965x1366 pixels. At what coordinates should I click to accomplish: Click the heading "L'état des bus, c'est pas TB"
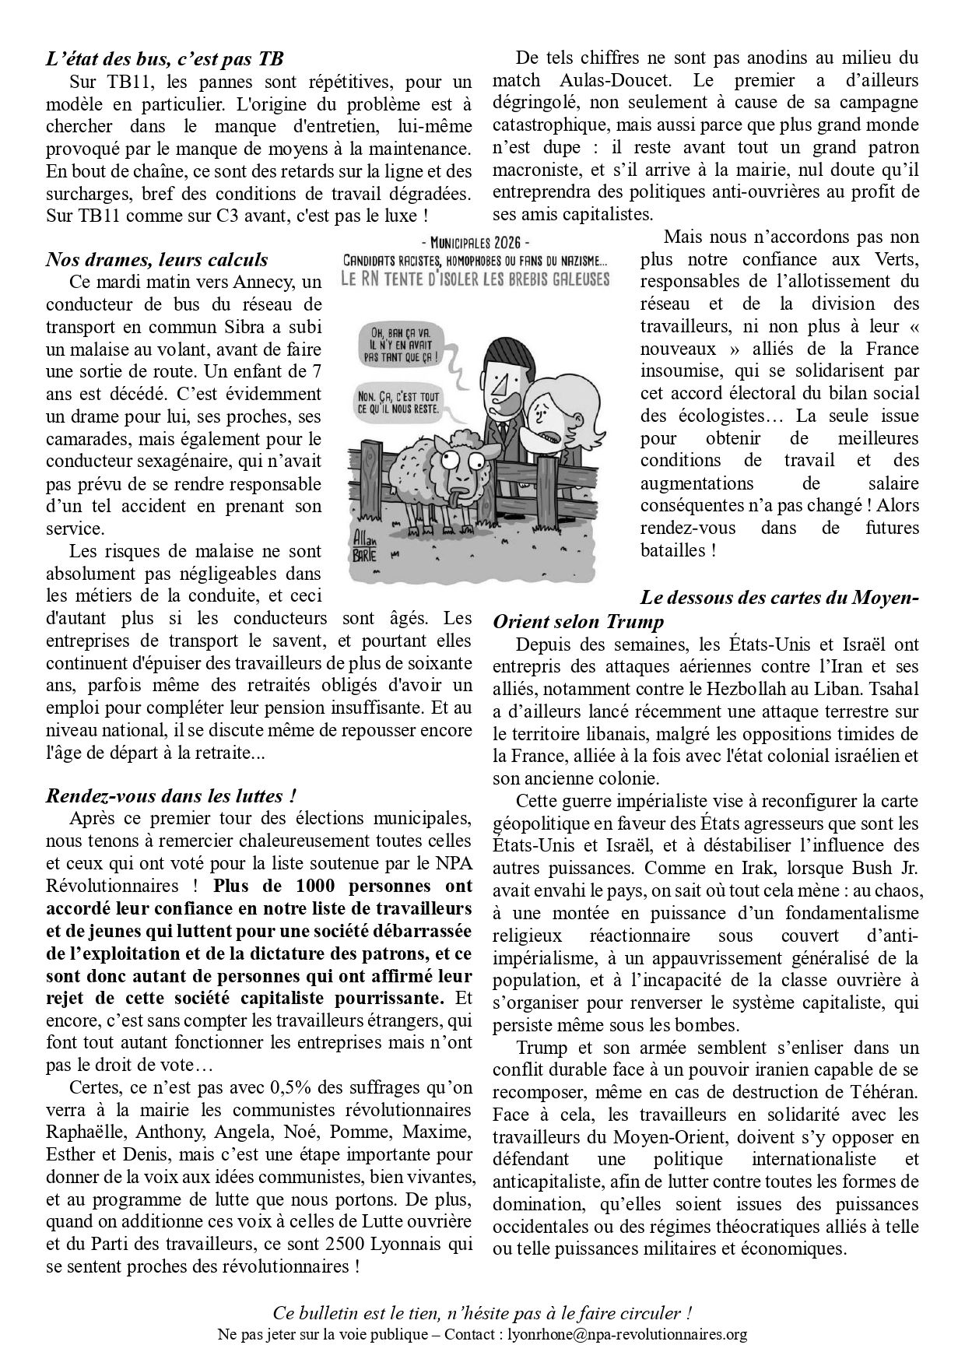[164, 58]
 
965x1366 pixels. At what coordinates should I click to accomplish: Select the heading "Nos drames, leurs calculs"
[156, 259]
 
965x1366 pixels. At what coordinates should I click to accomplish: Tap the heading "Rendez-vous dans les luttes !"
[171, 796]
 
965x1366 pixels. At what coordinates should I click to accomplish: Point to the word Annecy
[269, 282]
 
